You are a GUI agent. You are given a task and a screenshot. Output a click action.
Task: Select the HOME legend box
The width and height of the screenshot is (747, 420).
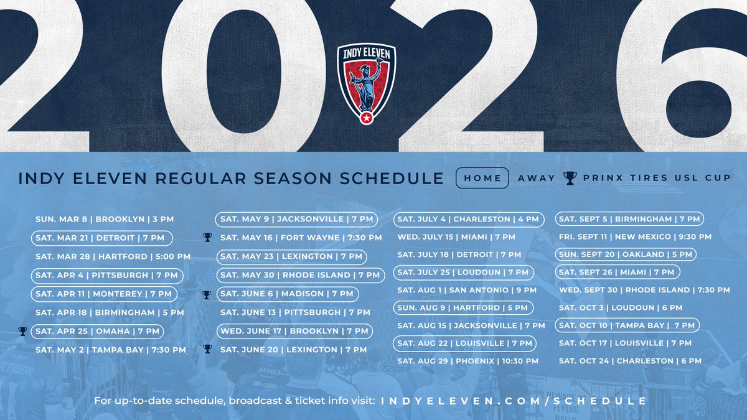coord(482,178)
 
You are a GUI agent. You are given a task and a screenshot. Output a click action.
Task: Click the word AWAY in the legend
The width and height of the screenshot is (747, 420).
coord(536,179)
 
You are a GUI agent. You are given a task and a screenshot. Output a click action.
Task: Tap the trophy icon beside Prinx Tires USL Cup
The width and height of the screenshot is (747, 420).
coord(570,179)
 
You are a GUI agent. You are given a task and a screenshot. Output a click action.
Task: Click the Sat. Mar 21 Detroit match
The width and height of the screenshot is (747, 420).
coord(101,238)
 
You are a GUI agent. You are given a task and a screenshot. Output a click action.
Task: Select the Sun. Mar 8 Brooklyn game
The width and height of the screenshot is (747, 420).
coord(105,219)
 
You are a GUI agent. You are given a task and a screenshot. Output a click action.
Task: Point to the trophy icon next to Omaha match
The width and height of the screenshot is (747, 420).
coord(22,331)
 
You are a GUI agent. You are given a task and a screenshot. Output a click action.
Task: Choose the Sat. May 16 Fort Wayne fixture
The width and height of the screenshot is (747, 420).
coord(301,238)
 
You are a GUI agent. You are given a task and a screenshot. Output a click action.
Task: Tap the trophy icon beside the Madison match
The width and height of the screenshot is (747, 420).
coord(207,294)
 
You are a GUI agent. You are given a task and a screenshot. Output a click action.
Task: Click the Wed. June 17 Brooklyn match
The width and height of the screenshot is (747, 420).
coord(294,331)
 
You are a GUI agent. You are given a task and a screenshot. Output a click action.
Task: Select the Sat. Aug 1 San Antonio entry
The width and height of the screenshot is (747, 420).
coord(467,290)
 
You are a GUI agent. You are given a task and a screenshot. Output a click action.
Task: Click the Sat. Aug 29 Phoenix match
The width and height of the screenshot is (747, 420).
coord(467,361)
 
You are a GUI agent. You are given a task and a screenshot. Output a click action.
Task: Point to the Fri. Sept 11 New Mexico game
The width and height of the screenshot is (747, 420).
coord(635,237)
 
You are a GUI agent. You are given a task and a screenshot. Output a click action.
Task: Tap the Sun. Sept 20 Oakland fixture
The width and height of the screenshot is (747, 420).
coord(626,254)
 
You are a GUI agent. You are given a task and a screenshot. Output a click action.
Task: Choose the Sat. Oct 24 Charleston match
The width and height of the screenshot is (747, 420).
coord(630,361)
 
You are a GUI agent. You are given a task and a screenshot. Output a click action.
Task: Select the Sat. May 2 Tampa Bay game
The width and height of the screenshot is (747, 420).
coord(111,350)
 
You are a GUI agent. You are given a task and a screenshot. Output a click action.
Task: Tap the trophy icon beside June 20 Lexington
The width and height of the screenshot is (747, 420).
coord(207,349)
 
